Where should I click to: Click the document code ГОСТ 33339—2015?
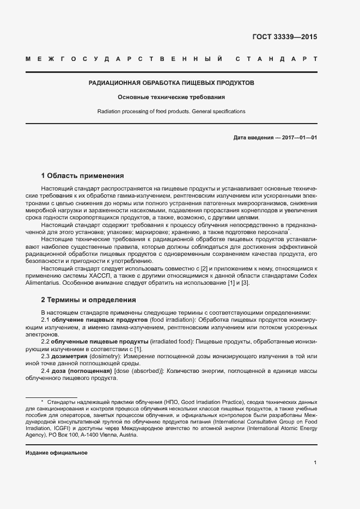click(x=285, y=37)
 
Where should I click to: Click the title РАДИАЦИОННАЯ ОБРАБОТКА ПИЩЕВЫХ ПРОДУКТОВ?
click(x=172, y=83)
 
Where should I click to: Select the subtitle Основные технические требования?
click(x=172, y=97)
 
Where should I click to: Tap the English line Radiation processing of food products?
click(x=172, y=112)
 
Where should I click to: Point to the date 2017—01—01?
click(x=300, y=138)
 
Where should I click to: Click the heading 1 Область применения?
click(x=83, y=176)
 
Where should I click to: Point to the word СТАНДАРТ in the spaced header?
click(x=278, y=58)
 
